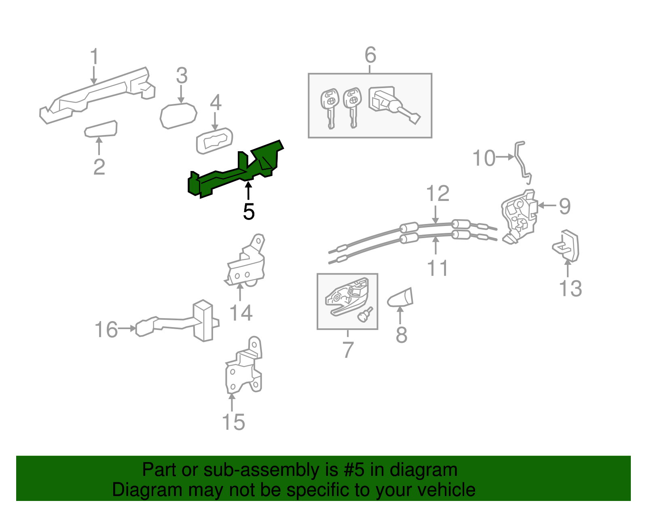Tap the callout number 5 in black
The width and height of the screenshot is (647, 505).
tap(249, 211)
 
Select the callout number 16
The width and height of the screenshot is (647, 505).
tap(106, 330)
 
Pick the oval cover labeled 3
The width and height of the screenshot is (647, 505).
tap(178, 115)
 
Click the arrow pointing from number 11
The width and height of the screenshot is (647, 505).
tap(436, 246)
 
